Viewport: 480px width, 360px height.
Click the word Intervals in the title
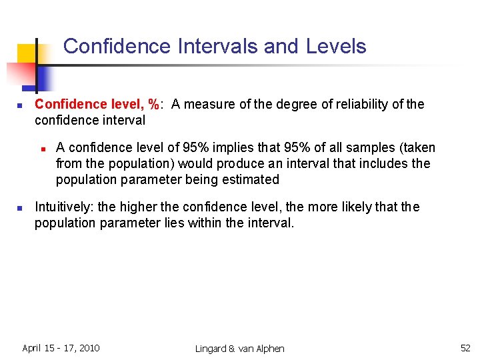pos(217,47)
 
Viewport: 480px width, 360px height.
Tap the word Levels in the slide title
pos(336,47)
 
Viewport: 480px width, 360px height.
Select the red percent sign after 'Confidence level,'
pos(155,105)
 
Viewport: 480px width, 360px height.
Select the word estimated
pos(253,179)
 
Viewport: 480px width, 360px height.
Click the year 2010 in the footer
pos(89,348)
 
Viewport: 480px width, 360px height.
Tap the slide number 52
pos(465,348)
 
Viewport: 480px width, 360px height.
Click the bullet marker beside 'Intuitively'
pos(21,208)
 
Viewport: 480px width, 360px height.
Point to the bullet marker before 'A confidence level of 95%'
pos(42,148)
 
